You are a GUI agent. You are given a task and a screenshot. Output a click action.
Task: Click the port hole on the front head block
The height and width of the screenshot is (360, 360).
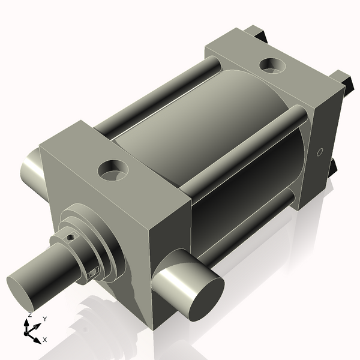(113, 170)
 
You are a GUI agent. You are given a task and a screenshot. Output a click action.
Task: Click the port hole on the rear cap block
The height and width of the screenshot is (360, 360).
(274, 64)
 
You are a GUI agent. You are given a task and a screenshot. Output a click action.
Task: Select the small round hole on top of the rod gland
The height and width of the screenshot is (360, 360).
(71, 238)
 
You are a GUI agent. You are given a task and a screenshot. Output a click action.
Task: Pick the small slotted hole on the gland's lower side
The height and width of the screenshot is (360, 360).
(92, 273)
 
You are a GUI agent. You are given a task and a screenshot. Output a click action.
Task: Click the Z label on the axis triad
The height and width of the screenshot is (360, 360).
(30, 315)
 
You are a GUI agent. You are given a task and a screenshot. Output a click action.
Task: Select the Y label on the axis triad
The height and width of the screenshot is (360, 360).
(45, 319)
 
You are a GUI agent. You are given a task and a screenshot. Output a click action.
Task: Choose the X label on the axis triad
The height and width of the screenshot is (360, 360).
(44, 340)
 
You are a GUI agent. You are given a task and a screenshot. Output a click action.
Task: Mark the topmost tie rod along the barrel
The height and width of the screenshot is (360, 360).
(159, 95)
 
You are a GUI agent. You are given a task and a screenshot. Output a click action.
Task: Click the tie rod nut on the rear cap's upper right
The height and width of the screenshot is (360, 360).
(342, 78)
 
